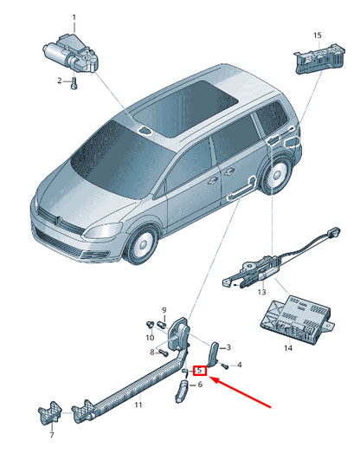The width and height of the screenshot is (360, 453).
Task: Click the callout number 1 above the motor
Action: pyautogui.click(x=74, y=17)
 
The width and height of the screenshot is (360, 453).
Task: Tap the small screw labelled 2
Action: pyautogui.click(x=74, y=84)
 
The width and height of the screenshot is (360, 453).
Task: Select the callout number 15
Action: pyautogui.click(x=318, y=36)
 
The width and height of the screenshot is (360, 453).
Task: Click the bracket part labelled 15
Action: pyautogui.click(x=319, y=59)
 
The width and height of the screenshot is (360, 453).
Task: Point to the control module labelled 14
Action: pyautogui.click(x=298, y=318)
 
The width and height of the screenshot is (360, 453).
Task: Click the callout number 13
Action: pyautogui.click(x=261, y=292)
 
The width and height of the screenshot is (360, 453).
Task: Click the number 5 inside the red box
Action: pyautogui.click(x=200, y=370)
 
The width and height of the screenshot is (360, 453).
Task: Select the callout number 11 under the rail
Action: pyautogui.click(x=138, y=404)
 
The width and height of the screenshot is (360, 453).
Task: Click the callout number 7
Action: pyautogui.click(x=52, y=435)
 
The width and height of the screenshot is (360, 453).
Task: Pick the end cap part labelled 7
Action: pyautogui.click(x=50, y=413)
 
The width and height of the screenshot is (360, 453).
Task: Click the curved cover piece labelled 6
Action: pyautogui.click(x=181, y=391)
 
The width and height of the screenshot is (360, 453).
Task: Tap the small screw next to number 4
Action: pyautogui.click(x=226, y=366)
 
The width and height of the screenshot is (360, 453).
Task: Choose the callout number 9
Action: pyautogui.click(x=164, y=310)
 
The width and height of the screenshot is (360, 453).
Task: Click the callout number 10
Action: pyautogui.click(x=150, y=338)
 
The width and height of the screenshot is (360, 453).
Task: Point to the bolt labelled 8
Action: pyautogui.click(x=164, y=353)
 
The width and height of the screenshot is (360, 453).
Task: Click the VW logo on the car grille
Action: pyautogui.click(x=58, y=220)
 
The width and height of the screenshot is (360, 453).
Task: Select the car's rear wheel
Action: pyautogui.click(x=276, y=174)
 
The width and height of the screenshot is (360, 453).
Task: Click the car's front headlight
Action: pyautogui.click(x=103, y=230)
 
